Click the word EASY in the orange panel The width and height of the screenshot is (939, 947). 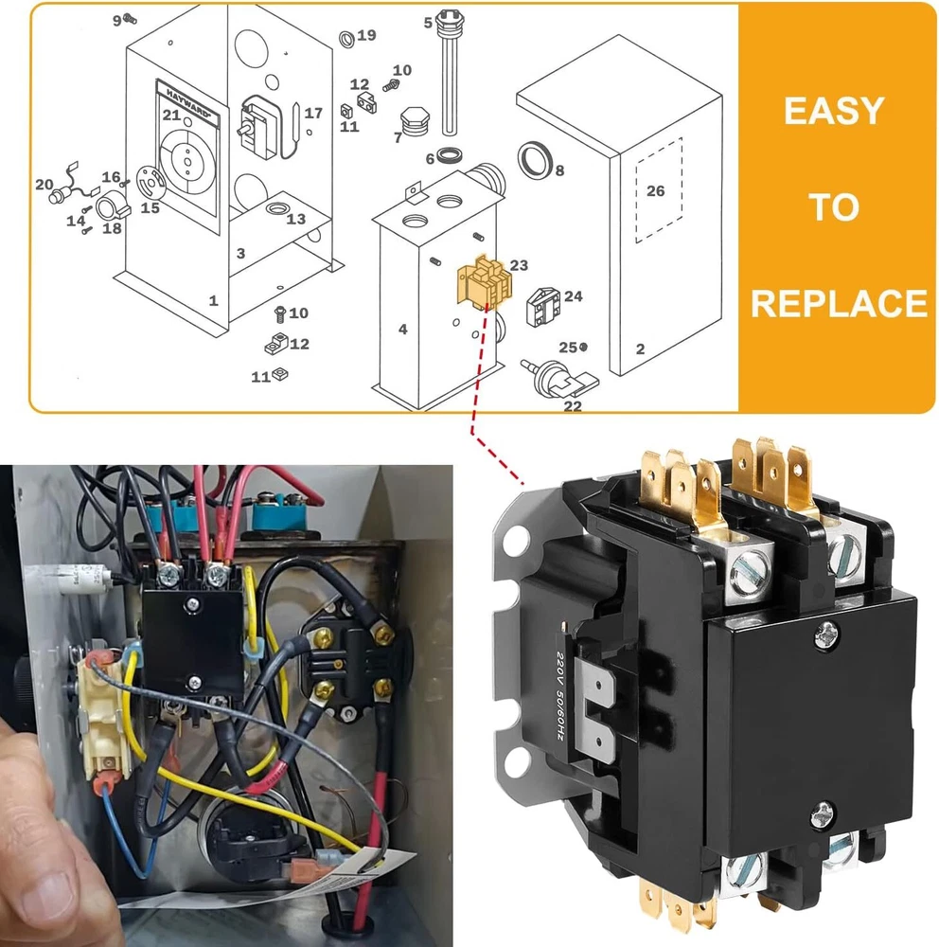point(833,112)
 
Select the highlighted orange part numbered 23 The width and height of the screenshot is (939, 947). point(480,283)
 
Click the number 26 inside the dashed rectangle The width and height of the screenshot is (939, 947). point(656,190)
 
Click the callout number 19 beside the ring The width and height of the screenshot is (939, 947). point(366,35)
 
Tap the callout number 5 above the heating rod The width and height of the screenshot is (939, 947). point(428,22)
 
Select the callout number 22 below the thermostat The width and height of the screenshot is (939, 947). point(573,406)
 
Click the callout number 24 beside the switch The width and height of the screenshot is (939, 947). point(574,296)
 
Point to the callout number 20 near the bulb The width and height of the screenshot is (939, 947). point(44,184)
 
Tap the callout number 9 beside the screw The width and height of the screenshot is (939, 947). point(117,19)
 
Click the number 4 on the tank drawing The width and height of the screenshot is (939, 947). point(403,330)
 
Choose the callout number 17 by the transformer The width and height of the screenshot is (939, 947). point(313,113)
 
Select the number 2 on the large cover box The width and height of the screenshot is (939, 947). point(640,349)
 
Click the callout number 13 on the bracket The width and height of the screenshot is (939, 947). point(296,219)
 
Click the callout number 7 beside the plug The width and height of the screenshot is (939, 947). point(398,137)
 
